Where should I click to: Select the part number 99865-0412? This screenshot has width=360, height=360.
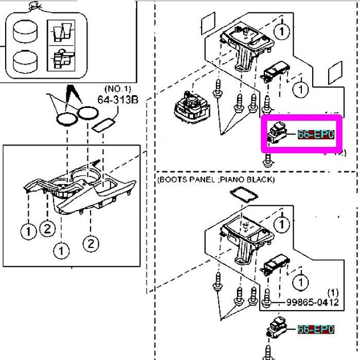point(313,302)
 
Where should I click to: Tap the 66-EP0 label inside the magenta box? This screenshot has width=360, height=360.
point(316,135)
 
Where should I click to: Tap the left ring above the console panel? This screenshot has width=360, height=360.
point(66,116)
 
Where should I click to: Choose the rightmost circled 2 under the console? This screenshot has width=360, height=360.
point(91,243)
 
